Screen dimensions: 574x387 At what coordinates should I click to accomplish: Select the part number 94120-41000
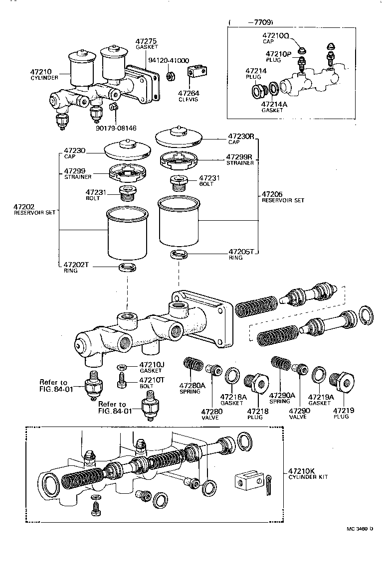pos(169,61)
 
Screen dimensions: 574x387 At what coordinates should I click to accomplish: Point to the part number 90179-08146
pos(116,128)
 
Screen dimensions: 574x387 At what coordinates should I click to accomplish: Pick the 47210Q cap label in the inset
pos(276,36)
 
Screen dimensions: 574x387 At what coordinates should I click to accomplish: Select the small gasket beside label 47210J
pos(122,367)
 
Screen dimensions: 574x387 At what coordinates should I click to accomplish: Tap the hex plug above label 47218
pos(258,383)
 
